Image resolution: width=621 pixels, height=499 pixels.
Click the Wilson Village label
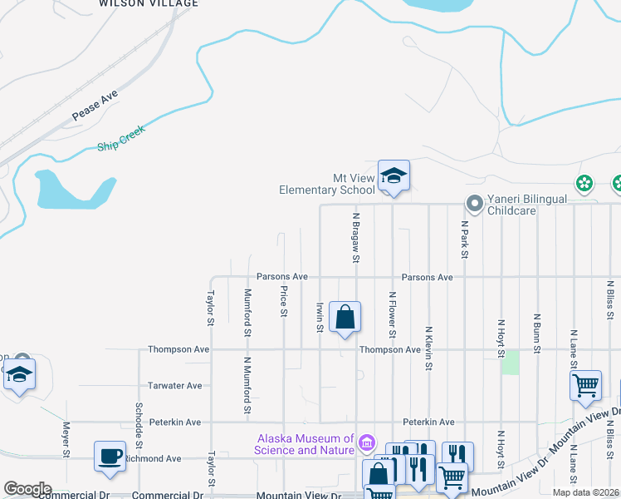149,3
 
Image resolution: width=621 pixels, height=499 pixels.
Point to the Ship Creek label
121,137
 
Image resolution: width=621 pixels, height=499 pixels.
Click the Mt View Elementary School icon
394,175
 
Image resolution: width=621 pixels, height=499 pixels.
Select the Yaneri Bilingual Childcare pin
474,203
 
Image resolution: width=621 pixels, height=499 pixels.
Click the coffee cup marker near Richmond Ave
110,457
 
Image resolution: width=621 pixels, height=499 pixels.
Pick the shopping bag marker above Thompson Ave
345,317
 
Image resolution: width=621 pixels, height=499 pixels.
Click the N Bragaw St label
356,237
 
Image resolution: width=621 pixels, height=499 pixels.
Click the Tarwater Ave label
175,386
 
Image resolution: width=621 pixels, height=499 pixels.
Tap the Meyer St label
66,440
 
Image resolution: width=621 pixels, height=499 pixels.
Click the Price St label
284,301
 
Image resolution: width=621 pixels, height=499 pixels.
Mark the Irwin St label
320,316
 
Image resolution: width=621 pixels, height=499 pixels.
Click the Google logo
27,489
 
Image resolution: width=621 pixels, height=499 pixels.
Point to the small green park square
511,362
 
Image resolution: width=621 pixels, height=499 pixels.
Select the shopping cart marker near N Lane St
585,385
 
